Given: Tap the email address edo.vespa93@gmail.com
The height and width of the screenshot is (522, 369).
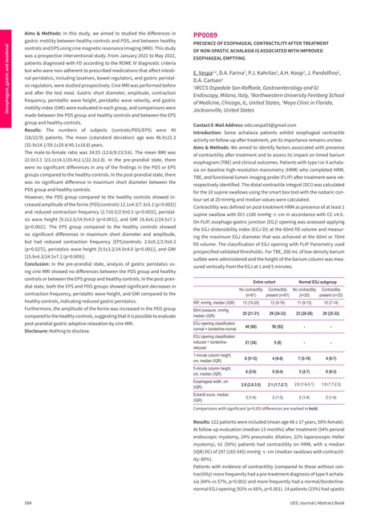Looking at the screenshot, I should tap(278, 127).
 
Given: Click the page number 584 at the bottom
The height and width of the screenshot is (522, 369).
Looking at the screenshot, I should tap(27, 501).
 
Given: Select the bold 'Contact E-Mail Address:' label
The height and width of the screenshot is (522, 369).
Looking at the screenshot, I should tap(224, 127).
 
